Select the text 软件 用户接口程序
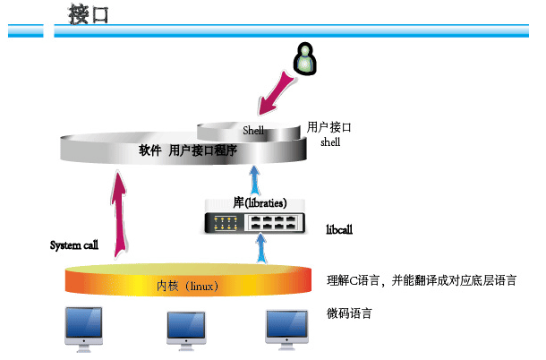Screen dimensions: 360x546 188,150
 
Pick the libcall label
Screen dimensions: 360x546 339,229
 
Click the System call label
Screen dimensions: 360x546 73,244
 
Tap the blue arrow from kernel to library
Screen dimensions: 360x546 260,250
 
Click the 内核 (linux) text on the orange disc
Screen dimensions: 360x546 188,287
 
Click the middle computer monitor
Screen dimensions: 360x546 190,328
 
